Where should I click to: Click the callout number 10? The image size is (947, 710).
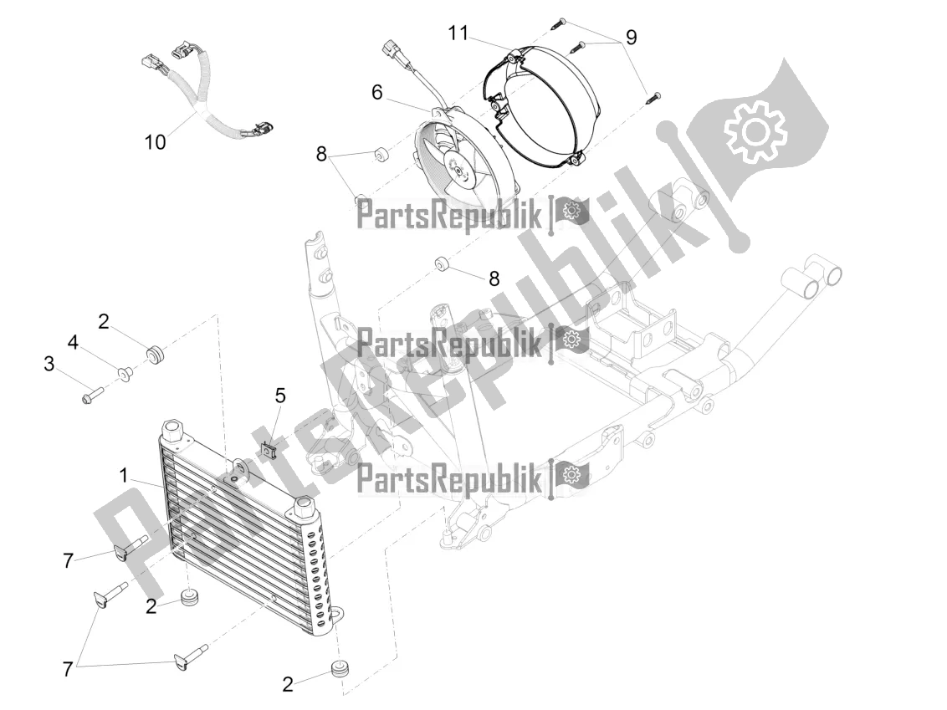(x=155, y=142)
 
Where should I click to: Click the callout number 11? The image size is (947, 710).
(x=458, y=33)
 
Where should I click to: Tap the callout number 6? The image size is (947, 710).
(x=376, y=92)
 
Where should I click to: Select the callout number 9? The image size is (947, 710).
(x=631, y=38)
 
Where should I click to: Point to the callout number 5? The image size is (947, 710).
(x=280, y=396)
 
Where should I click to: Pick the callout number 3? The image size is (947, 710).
(x=49, y=364)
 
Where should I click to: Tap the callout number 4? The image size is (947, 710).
(x=73, y=343)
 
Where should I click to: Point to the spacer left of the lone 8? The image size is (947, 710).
(x=441, y=265)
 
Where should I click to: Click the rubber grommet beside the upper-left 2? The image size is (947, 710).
(x=156, y=352)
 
